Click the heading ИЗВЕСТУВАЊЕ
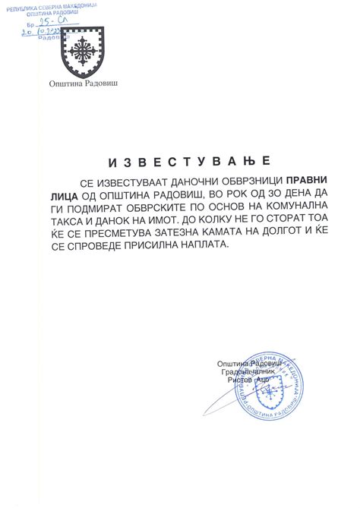179,162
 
